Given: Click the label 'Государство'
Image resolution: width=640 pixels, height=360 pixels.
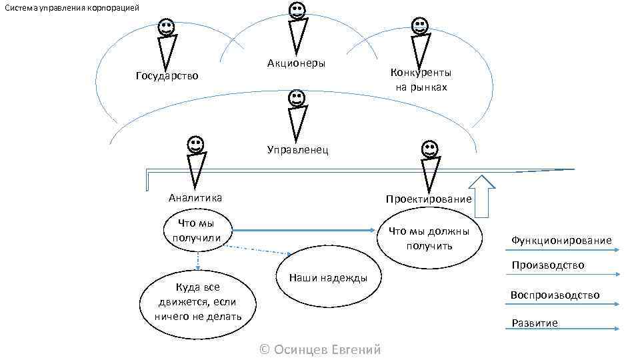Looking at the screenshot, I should tap(167, 75).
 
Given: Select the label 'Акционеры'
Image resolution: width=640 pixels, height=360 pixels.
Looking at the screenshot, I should tap(296, 63).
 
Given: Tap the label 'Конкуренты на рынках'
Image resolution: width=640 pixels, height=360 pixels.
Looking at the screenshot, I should tap(421, 79).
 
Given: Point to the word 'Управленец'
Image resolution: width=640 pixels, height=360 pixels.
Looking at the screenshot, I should tap(297, 149).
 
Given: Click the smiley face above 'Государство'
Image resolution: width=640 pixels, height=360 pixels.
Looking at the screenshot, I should tap(167, 27).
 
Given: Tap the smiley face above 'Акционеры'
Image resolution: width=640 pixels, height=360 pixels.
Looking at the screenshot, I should tap(297, 11).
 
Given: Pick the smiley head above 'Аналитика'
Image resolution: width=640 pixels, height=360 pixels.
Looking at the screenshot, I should tap(195, 145).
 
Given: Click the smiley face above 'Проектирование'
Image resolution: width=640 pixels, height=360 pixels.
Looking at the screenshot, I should tap(430, 149).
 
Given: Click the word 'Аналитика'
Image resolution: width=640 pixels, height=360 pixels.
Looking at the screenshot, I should tap(195, 197).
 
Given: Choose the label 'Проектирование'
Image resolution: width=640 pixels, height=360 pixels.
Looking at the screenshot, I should tap(428, 199).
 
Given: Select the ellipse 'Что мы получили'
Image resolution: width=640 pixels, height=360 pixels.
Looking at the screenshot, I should tap(197, 231).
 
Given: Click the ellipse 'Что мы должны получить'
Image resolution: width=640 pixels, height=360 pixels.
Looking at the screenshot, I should tap(428, 238).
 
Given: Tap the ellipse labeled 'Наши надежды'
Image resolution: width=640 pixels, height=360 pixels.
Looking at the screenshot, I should tap(327, 278).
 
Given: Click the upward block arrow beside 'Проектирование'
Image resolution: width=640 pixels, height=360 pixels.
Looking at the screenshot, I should tap(483, 195).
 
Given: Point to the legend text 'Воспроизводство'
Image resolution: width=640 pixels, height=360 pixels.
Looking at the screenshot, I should tap(555, 295).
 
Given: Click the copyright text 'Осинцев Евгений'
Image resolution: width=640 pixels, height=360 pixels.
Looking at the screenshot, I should tap(319, 349).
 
